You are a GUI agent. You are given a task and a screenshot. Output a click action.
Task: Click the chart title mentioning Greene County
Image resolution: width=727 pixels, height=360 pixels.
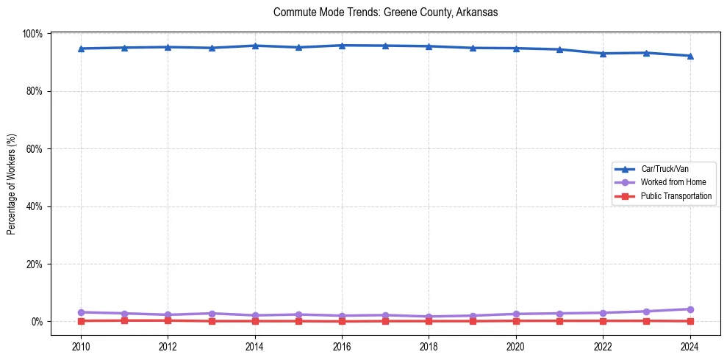click(x=385, y=12)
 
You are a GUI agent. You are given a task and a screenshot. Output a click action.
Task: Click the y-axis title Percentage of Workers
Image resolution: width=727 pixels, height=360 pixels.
click(x=12, y=179)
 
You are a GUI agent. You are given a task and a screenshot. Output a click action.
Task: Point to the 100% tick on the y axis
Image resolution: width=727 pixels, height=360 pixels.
click(x=32, y=34)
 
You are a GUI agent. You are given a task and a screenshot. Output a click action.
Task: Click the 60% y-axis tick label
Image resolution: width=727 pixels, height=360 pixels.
click(x=34, y=149)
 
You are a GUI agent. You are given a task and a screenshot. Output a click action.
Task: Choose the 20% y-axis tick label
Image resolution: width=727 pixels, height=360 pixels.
click(x=34, y=264)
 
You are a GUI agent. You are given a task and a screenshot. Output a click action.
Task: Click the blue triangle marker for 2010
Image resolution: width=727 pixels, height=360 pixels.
click(x=81, y=48)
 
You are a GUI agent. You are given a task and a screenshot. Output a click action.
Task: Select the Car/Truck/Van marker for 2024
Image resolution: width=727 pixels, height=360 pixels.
click(x=690, y=56)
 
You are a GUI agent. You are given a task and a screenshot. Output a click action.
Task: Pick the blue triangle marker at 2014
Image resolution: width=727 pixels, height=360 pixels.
click(x=255, y=46)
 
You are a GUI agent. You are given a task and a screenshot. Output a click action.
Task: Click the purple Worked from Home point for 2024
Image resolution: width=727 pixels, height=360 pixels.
click(x=690, y=309)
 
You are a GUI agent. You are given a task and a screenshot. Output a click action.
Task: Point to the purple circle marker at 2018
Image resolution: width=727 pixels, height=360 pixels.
click(x=429, y=317)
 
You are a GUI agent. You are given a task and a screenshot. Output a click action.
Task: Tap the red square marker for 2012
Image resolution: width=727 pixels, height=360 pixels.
click(x=168, y=320)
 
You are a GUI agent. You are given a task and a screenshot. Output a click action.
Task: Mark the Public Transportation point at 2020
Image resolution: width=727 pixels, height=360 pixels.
click(x=516, y=321)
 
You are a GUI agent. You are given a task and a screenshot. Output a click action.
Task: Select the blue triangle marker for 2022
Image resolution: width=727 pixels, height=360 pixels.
click(x=603, y=54)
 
